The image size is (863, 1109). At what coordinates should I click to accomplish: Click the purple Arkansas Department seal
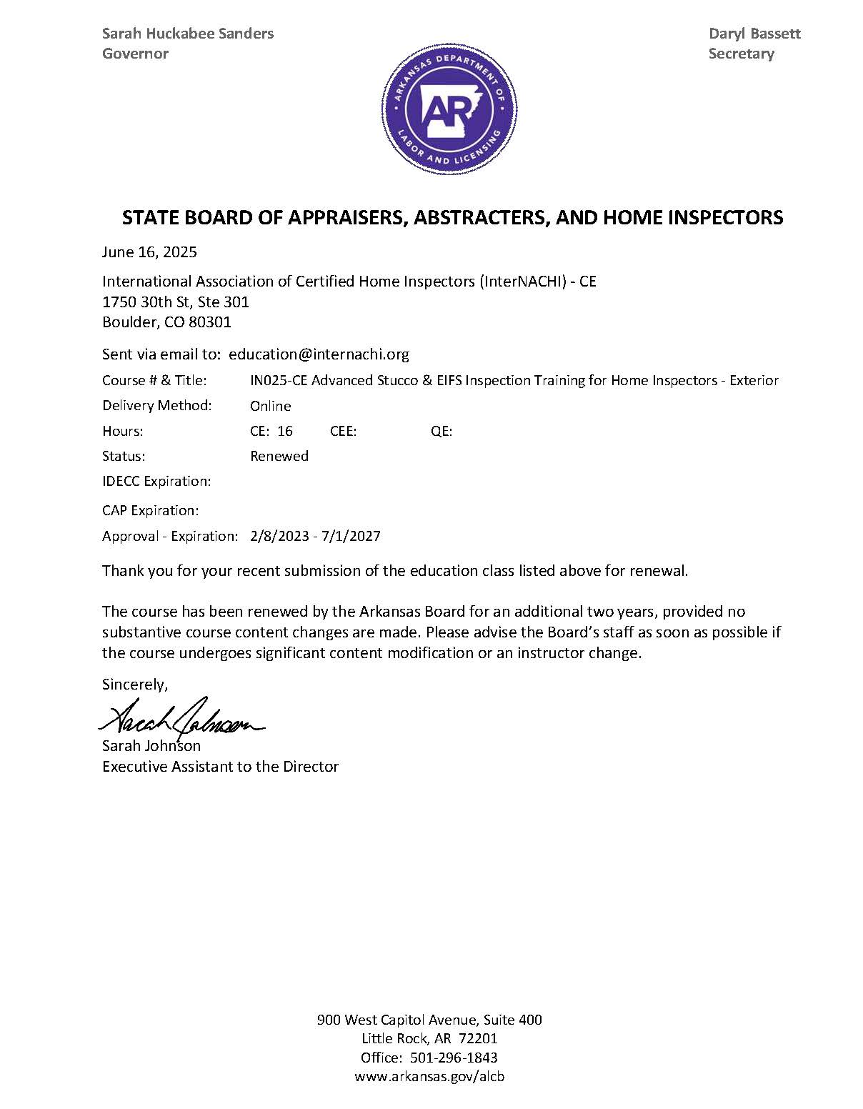pos(448,109)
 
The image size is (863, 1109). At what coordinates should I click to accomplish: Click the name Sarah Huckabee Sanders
pos(188,34)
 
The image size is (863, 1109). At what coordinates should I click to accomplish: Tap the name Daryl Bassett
pos(754,34)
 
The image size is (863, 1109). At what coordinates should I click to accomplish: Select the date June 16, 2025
pos(149,252)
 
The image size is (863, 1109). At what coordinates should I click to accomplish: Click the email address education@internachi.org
pos(319,354)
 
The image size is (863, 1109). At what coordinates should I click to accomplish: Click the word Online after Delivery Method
pos(270,407)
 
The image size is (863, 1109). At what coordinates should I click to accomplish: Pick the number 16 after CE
pos(285,432)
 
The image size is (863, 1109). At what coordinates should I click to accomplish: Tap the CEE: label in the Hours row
pos(343,432)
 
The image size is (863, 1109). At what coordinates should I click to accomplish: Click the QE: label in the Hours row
pos(441,432)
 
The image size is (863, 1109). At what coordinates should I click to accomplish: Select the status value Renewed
pos(279,457)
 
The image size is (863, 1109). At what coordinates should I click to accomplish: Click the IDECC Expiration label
pos(156,482)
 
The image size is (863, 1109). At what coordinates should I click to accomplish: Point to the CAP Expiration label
pos(150,511)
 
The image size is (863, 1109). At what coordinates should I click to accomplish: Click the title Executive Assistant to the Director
pos(220,767)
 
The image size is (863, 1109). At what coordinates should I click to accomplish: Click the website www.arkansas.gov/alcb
pos(429,1077)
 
